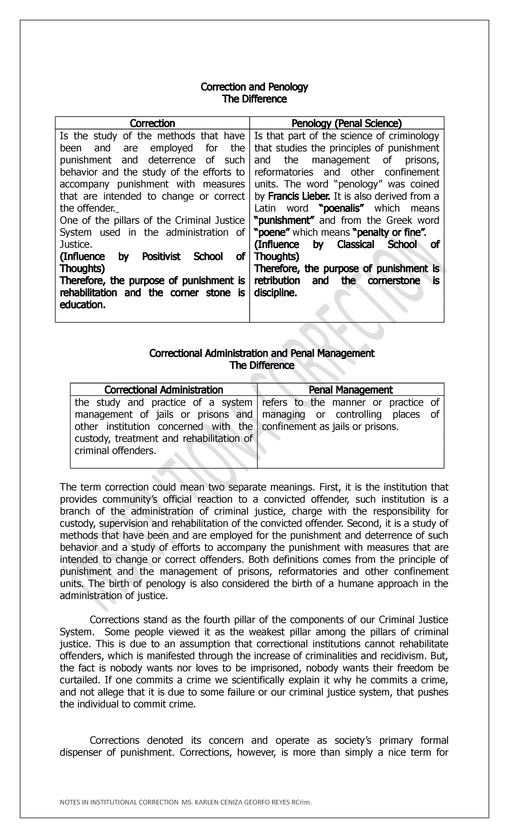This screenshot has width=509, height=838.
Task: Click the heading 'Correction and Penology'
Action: pyautogui.click(x=254, y=87)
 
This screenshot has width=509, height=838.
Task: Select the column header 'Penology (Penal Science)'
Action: pyautogui.click(x=346, y=123)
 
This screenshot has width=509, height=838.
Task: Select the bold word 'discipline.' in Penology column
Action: pyautogui.click(x=275, y=293)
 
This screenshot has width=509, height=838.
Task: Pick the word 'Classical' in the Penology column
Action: pyautogui.click(x=355, y=245)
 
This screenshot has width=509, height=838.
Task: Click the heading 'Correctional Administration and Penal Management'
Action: pyautogui.click(x=262, y=353)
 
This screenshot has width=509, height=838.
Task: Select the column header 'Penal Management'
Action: pyautogui.click(x=350, y=390)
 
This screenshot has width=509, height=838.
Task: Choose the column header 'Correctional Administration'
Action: pyautogui.click(x=164, y=390)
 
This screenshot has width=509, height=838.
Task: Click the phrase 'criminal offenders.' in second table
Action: pyautogui.click(x=115, y=451)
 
